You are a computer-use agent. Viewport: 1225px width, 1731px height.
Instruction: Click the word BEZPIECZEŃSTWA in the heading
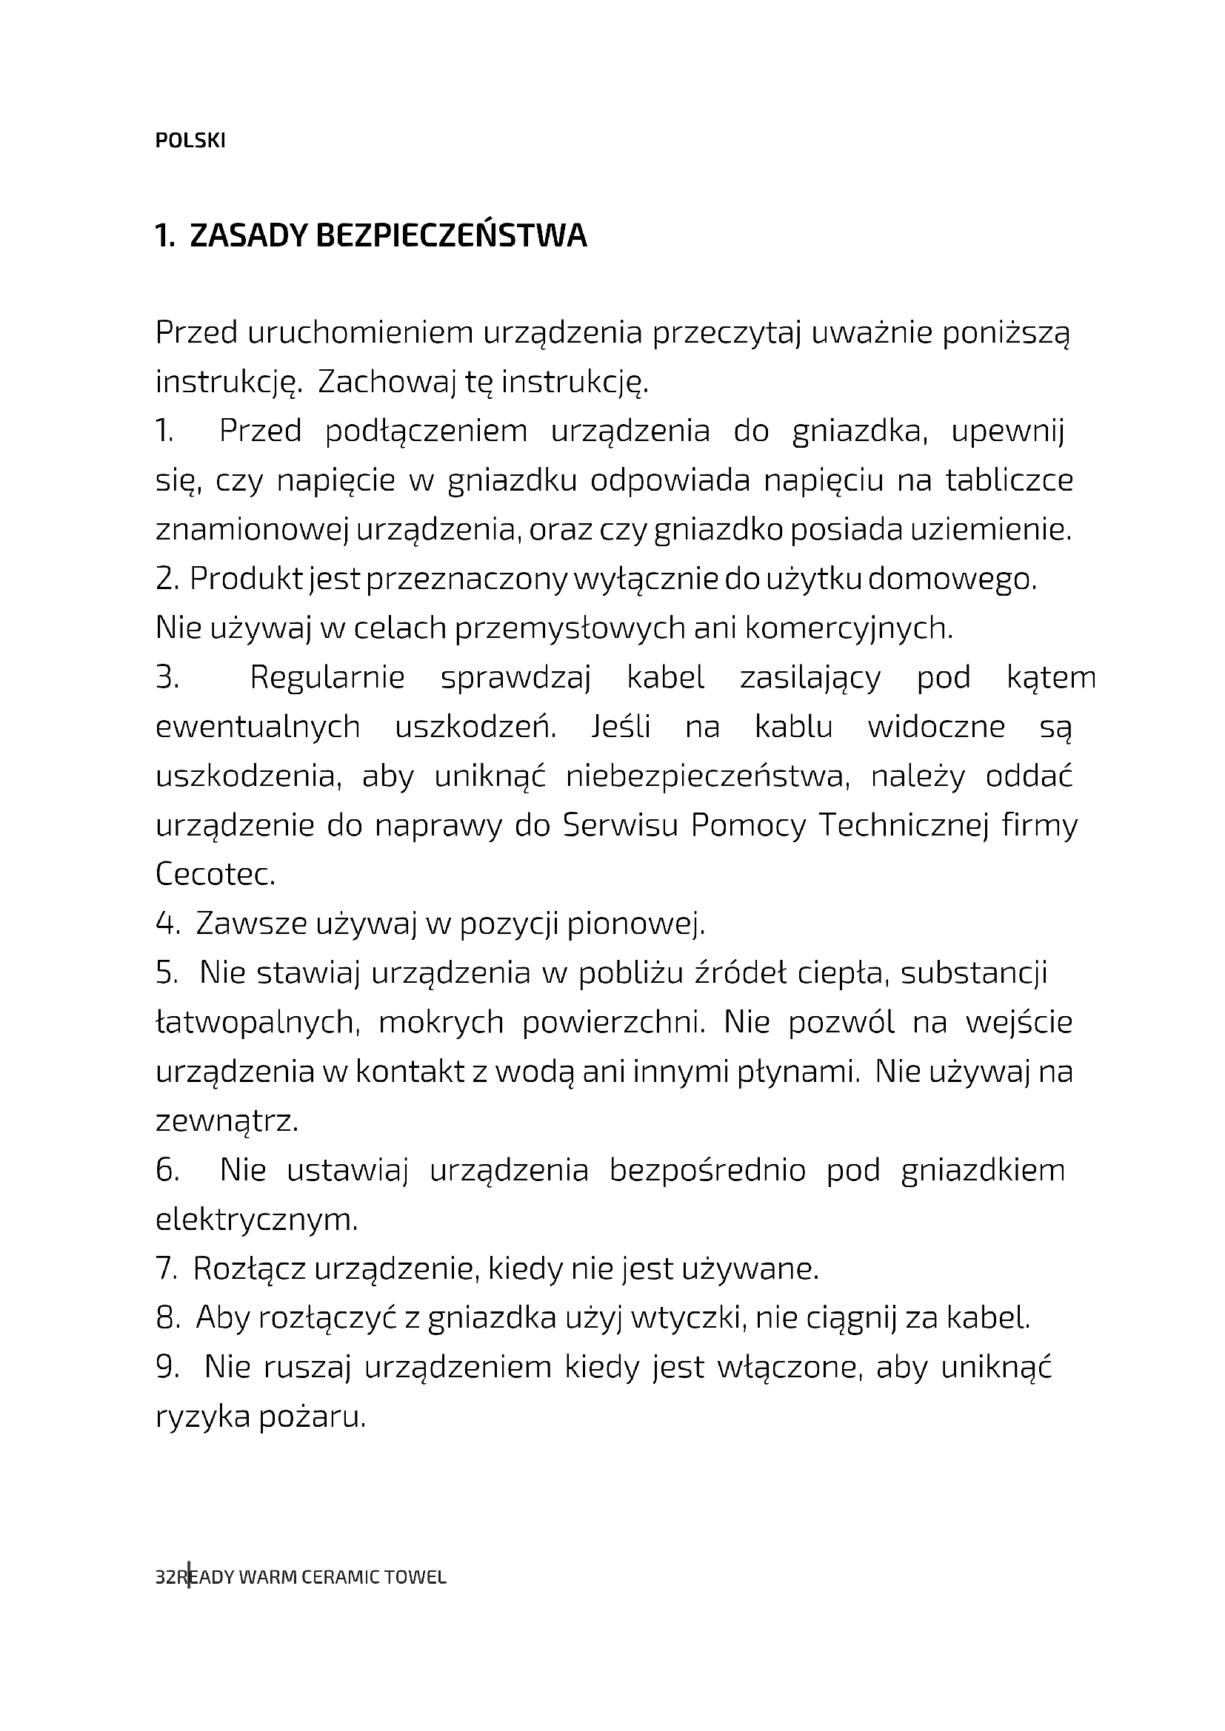450,236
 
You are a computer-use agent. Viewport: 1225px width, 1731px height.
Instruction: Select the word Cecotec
215,875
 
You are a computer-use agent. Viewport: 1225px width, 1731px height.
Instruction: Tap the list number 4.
165,924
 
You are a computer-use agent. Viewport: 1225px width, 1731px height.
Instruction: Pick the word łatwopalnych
256,1023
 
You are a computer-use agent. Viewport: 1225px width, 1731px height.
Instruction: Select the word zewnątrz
227,1121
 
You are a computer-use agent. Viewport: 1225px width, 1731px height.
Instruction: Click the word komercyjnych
849,628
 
